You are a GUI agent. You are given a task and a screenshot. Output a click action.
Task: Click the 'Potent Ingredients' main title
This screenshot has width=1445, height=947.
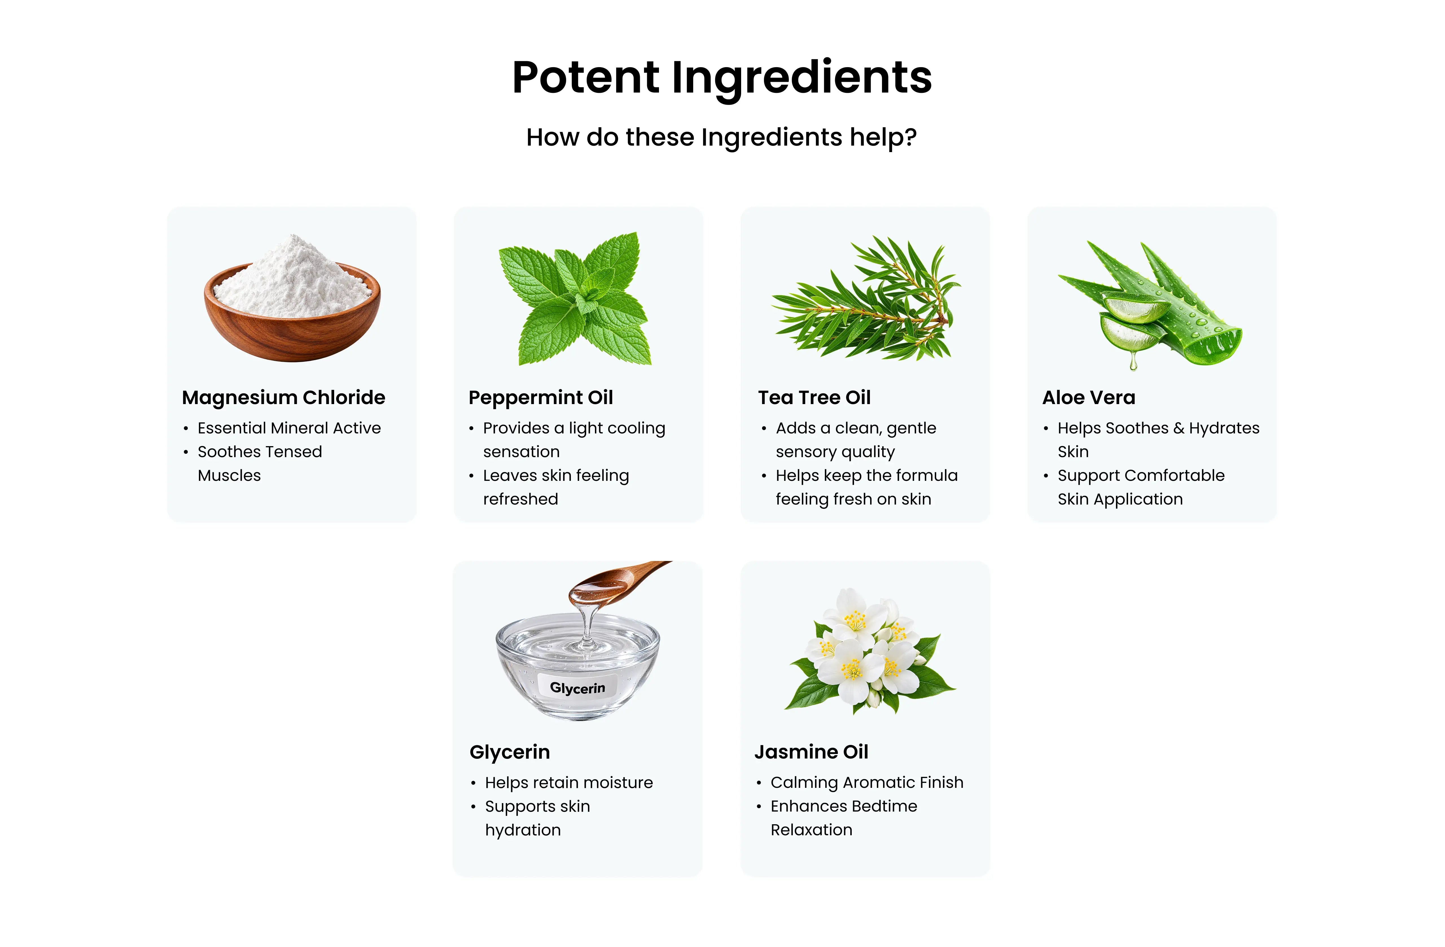point(722,78)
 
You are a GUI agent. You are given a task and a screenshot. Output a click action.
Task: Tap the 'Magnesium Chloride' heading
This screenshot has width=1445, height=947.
point(284,398)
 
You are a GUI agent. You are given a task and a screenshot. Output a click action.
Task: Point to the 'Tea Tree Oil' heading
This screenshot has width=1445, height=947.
point(814,398)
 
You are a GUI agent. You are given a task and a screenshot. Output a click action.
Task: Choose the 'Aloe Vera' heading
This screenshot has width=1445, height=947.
point(1089,398)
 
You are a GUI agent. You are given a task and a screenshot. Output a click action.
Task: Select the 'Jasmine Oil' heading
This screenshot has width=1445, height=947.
point(811,752)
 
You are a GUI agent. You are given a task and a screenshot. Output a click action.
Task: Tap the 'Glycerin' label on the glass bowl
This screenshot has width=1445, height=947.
point(577,688)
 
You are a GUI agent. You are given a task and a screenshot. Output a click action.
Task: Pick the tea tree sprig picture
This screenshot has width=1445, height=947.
point(865,297)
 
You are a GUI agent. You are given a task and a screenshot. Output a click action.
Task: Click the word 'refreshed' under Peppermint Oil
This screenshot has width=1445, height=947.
point(520,499)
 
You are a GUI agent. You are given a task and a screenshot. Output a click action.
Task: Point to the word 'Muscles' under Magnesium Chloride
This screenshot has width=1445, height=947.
point(229,475)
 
